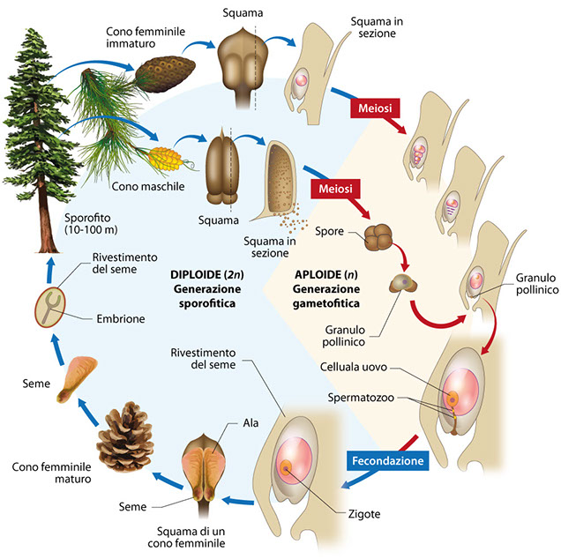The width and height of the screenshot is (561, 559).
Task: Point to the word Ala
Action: pyautogui.click(x=251, y=423)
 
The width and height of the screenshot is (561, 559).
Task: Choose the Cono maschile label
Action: pyautogui.click(x=143, y=186)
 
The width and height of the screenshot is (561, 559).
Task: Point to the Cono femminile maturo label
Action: pyautogui.click(x=49, y=470)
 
